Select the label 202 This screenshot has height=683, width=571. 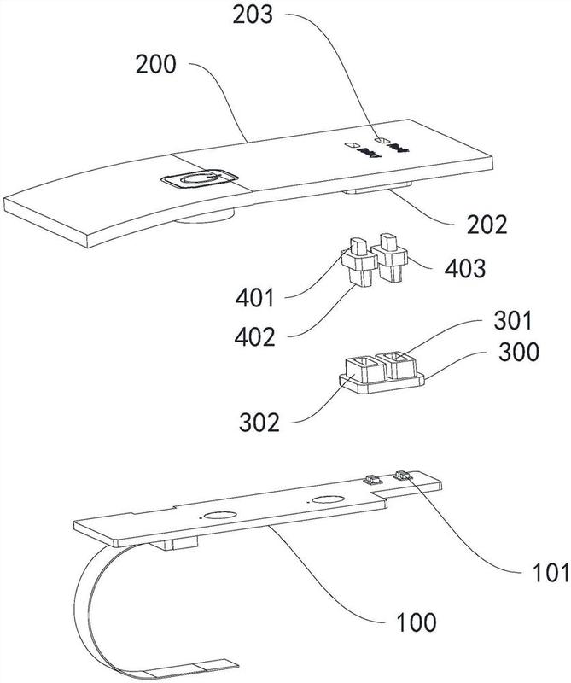(x=486, y=225)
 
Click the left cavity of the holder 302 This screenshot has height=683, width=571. (x=361, y=370)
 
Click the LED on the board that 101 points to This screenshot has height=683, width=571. (x=402, y=473)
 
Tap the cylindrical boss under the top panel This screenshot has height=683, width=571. (x=205, y=219)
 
